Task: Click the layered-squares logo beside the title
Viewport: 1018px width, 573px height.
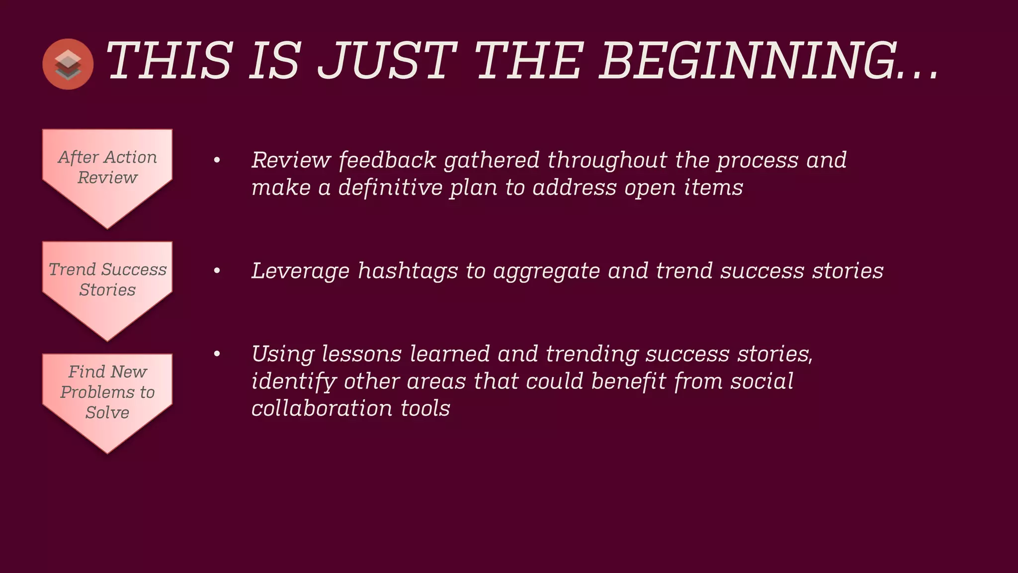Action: pyautogui.click(x=68, y=64)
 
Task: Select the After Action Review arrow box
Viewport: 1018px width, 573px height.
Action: pyautogui.click(x=107, y=172)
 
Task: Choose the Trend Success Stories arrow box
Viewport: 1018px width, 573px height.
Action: pyautogui.click(x=107, y=284)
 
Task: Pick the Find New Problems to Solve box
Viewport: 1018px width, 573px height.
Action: pyautogui.click(x=107, y=395)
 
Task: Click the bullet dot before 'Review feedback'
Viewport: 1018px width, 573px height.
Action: pyautogui.click(x=217, y=160)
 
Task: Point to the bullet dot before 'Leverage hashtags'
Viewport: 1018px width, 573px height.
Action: pyautogui.click(x=217, y=271)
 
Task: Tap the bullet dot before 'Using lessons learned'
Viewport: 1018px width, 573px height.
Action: pyautogui.click(x=217, y=354)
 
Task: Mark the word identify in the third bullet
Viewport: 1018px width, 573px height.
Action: pyautogui.click(x=293, y=382)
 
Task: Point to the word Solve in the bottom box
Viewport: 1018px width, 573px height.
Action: pyautogui.click(x=107, y=412)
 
